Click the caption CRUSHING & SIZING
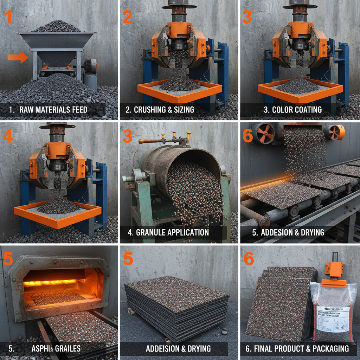click(x=160, y=110)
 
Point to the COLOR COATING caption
click(x=292, y=110)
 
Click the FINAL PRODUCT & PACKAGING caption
click(x=297, y=349)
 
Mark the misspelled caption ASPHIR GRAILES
click(x=56, y=349)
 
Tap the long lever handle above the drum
click(x=158, y=141)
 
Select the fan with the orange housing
click(x=334, y=132)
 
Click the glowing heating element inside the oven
click(x=51, y=282)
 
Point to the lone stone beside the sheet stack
click(x=224, y=332)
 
